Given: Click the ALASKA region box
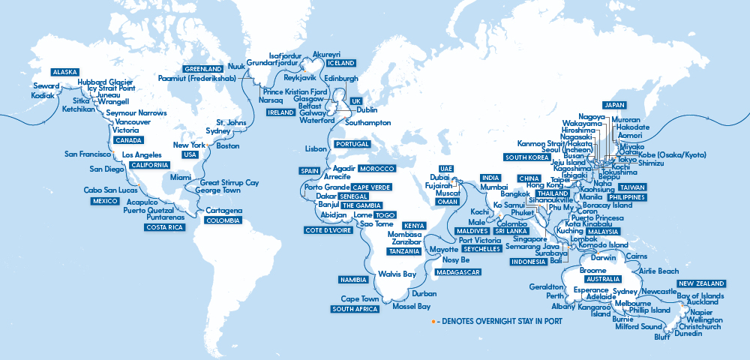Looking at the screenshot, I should [64, 72].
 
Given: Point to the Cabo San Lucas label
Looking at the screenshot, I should [109, 190].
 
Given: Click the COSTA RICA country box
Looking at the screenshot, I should [166, 227].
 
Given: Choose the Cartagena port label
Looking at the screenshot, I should [224, 211].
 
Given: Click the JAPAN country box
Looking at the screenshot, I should [615, 105].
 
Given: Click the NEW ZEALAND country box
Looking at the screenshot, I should [702, 283].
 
